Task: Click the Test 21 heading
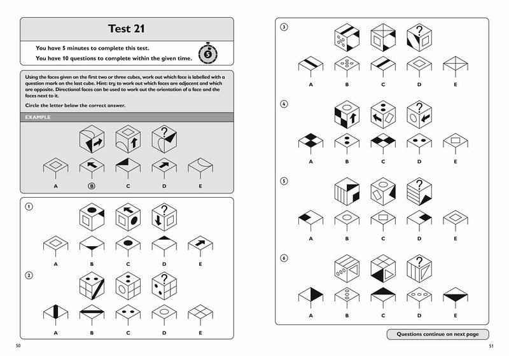(x=126, y=29)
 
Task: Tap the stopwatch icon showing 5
(x=208, y=53)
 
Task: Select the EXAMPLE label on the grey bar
(x=38, y=117)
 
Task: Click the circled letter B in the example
(x=92, y=186)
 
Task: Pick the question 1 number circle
(x=29, y=207)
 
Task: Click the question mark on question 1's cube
(x=164, y=209)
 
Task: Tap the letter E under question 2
(x=200, y=333)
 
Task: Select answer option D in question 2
(x=164, y=315)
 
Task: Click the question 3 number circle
(x=284, y=27)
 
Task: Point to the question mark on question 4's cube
(x=419, y=107)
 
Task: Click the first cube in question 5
(x=347, y=191)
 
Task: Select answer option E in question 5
(x=456, y=221)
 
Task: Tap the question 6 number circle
(x=284, y=258)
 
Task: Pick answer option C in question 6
(x=383, y=298)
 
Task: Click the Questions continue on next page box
(x=438, y=334)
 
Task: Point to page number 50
(x=18, y=346)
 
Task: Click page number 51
(x=491, y=346)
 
